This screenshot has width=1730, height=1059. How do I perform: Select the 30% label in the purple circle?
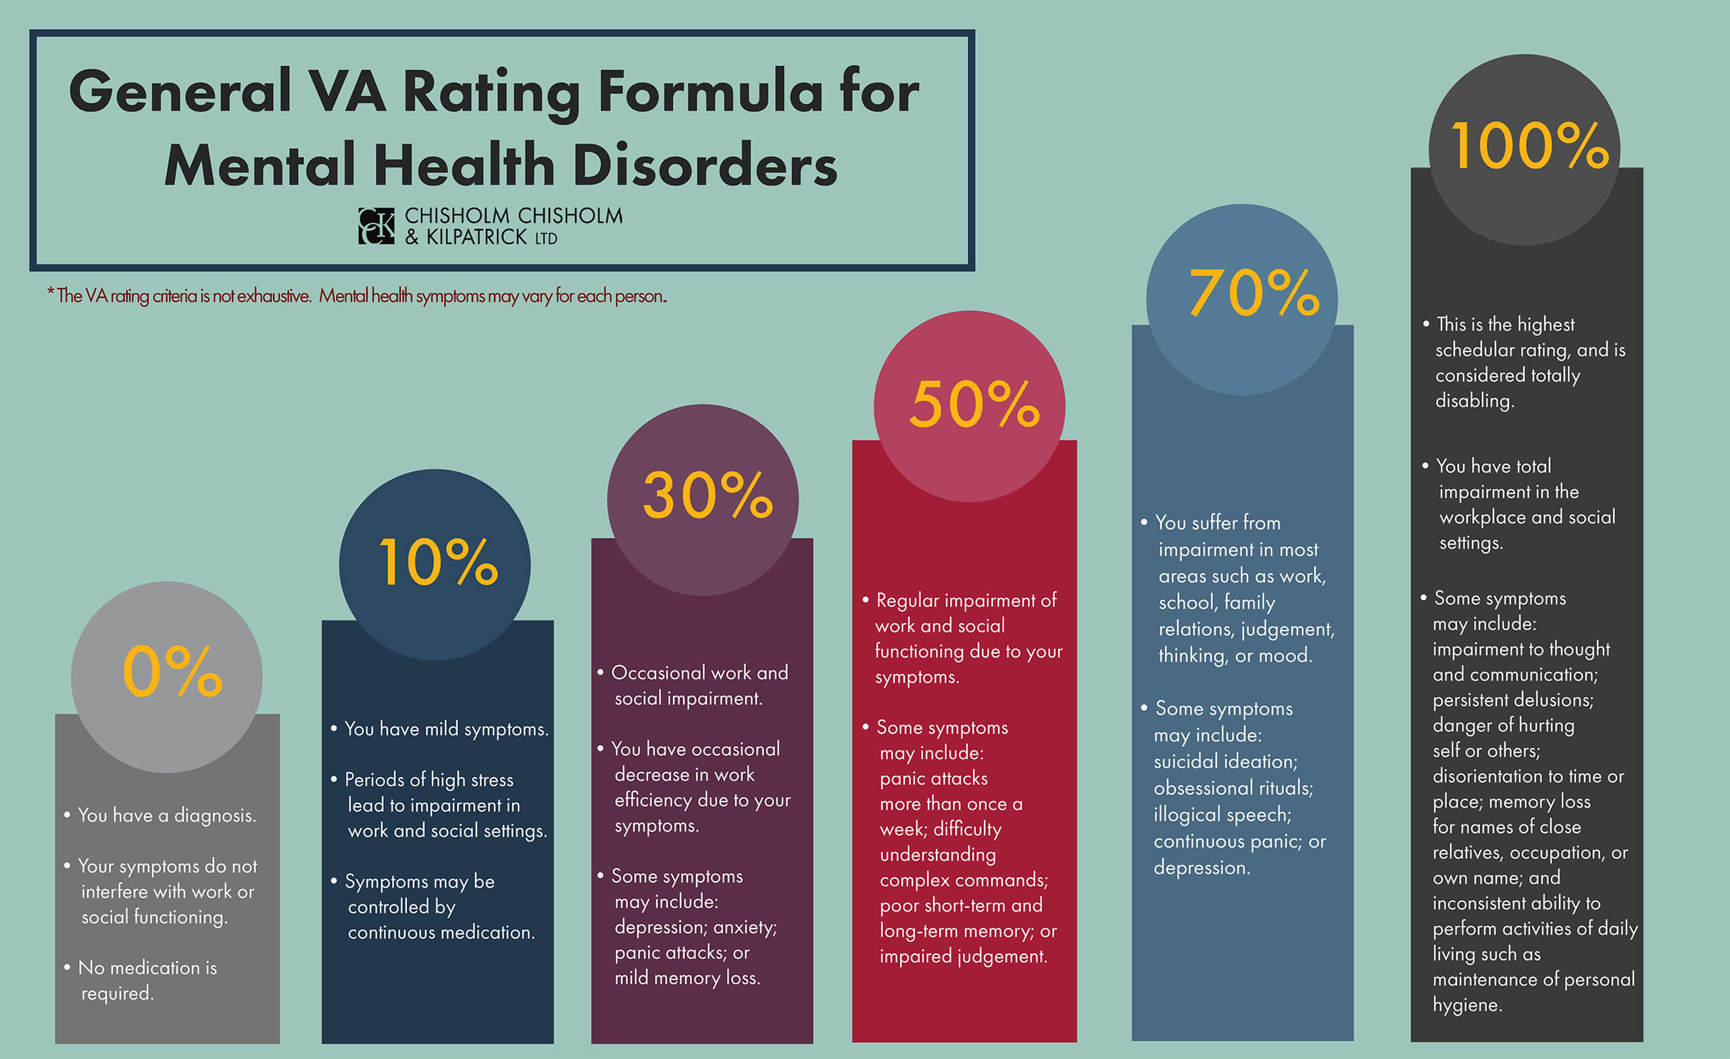pyautogui.click(x=707, y=496)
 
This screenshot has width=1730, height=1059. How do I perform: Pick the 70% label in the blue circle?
pyautogui.click(x=1254, y=293)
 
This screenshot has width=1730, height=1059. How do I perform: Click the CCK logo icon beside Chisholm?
pyautogui.click(x=376, y=226)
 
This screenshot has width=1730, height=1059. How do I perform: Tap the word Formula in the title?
pyautogui.click(x=710, y=93)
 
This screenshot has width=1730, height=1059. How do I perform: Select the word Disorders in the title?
pyautogui.click(x=704, y=166)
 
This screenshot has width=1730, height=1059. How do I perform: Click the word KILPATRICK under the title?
pyautogui.click(x=476, y=238)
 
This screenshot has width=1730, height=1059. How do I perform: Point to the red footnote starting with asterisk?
pyautogui.click(x=357, y=295)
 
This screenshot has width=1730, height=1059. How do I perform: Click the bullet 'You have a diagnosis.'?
pyautogui.click(x=166, y=815)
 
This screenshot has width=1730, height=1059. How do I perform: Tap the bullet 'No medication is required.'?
pyautogui.click(x=147, y=980)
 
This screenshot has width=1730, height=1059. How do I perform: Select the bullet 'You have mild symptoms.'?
pyautogui.click(x=446, y=729)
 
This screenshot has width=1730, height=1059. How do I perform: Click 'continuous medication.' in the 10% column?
pyautogui.click(x=441, y=932)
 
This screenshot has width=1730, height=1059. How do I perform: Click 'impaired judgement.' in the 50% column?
pyautogui.click(x=962, y=956)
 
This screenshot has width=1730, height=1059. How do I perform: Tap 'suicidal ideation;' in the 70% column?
pyautogui.click(x=1225, y=761)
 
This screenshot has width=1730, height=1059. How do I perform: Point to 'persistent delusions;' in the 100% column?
pyautogui.click(x=1512, y=699)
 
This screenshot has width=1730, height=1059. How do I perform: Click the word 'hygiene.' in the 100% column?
pyautogui.click(x=1466, y=1004)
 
